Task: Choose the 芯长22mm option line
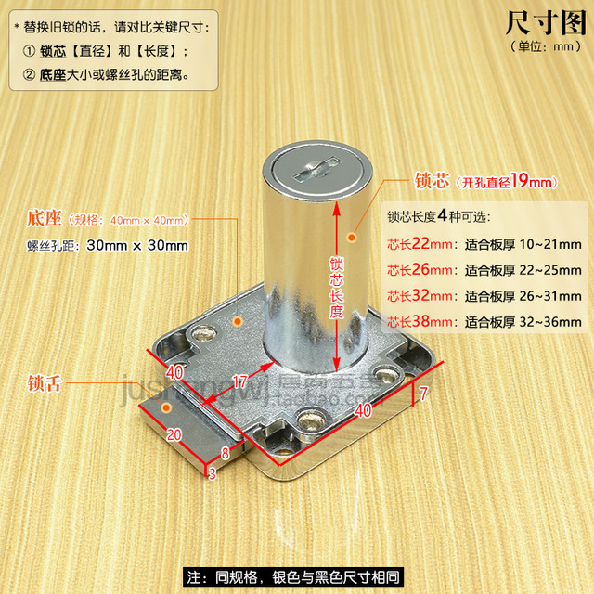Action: [x=483, y=244]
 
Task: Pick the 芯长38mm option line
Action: [x=483, y=322]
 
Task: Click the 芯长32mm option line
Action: [x=483, y=296]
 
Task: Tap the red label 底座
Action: [x=45, y=219]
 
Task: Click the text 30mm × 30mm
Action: [x=137, y=246]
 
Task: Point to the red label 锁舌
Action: [x=45, y=381]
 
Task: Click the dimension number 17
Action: [x=239, y=381]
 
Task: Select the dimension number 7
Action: [x=424, y=393]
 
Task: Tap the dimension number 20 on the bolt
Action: [x=174, y=433]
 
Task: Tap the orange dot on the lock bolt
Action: [x=167, y=407]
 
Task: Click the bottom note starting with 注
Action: [x=297, y=576]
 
